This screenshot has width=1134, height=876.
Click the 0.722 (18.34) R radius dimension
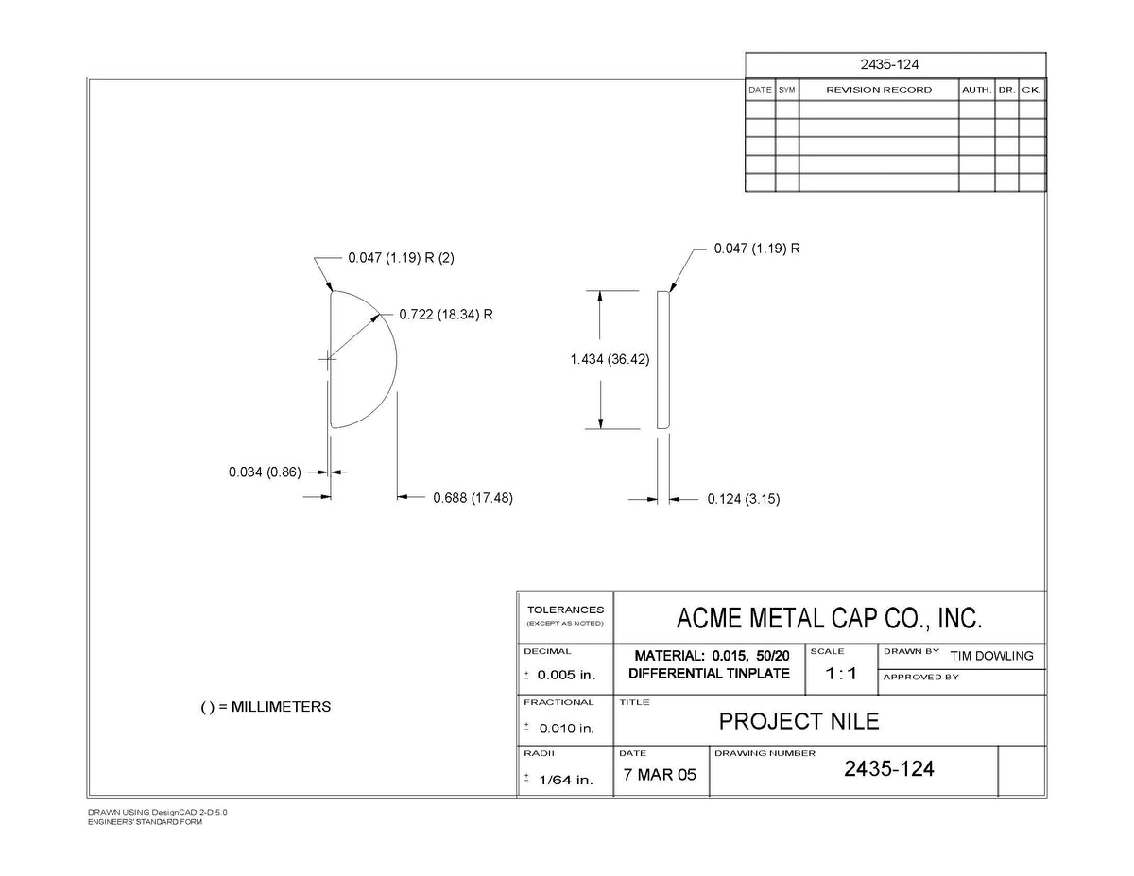point(446,314)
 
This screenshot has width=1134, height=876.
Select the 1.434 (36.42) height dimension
point(610,359)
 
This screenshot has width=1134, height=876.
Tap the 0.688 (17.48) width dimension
point(472,498)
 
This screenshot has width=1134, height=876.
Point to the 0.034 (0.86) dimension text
point(265,472)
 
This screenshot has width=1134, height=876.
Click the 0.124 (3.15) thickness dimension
point(743,499)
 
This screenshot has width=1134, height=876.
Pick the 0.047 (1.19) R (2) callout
point(401,258)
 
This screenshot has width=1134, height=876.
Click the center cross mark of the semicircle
point(327,359)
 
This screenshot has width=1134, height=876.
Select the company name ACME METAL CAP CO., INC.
point(829,618)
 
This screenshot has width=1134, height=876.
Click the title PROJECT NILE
point(799,722)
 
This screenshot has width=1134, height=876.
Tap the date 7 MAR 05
point(660,775)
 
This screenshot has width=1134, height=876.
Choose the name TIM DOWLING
point(991,656)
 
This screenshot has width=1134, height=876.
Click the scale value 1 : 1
point(841,674)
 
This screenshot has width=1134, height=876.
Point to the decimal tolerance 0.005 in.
point(566,675)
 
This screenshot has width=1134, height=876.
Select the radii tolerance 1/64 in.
point(566,780)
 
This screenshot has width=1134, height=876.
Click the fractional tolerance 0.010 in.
point(567,729)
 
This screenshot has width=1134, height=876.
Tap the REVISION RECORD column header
point(879,90)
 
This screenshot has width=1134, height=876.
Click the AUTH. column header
point(976,90)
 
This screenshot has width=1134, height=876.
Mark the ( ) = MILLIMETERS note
point(266,707)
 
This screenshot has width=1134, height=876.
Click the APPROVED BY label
point(921,678)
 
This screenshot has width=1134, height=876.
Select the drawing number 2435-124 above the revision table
point(889,64)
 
